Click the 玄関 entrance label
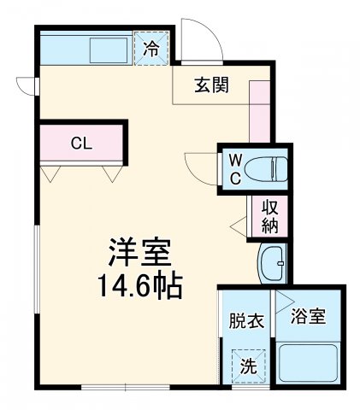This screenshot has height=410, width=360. click(210, 85)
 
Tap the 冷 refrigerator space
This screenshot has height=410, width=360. click(151, 49)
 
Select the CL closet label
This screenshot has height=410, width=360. click(82, 143)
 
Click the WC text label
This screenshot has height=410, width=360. click(233, 168)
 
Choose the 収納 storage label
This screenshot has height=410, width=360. click(269, 217)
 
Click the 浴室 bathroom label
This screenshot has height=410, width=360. click(309, 318)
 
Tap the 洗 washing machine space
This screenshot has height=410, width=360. click(246, 368)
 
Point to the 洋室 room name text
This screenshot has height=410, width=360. click(139, 253)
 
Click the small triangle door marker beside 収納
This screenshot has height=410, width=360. click(239, 226)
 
